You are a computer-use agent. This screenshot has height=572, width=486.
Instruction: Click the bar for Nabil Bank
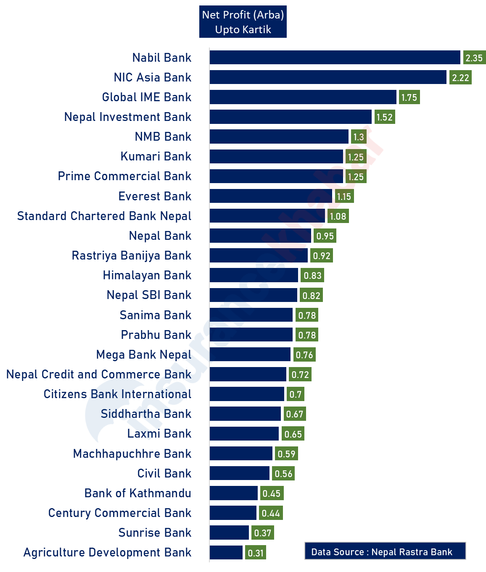(x=335, y=58)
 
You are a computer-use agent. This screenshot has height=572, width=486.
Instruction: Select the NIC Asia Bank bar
(x=328, y=77)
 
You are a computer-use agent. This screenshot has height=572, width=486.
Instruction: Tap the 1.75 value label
(x=409, y=97)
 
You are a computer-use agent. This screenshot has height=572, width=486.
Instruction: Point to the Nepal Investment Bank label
(x=128, y=117)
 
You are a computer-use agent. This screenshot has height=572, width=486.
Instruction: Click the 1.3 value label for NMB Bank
(x=359, y=137)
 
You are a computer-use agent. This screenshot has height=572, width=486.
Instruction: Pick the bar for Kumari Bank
(x=276, y=157)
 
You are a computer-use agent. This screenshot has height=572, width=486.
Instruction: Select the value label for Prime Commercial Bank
(x=356, y=177)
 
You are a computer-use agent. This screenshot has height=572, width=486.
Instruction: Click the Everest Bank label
(x=155, y=196)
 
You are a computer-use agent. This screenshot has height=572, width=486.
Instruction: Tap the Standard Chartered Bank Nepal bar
(x=267, y=216)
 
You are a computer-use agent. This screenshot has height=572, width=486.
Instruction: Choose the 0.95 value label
(x=325, y=236)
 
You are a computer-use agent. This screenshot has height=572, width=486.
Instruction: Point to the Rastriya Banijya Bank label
(x=132, y=255)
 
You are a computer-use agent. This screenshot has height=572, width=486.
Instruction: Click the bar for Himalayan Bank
(x=254, y=276)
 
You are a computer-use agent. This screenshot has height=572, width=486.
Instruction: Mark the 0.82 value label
(x=312, y=296)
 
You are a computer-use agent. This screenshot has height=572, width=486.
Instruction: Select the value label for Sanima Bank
(x=307, y=315)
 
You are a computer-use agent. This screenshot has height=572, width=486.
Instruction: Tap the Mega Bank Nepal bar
(x=250, y=354)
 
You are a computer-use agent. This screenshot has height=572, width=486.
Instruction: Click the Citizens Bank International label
(x=118, y=394)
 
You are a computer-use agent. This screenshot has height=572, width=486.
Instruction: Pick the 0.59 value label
(x=287, y=454)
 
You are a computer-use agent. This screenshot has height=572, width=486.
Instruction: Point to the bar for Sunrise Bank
(x=229, y=533)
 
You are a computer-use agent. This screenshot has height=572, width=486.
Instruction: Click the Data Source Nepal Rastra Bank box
(x=385, y=552)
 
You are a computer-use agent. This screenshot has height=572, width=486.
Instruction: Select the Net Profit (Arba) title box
(x=243, y=22)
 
